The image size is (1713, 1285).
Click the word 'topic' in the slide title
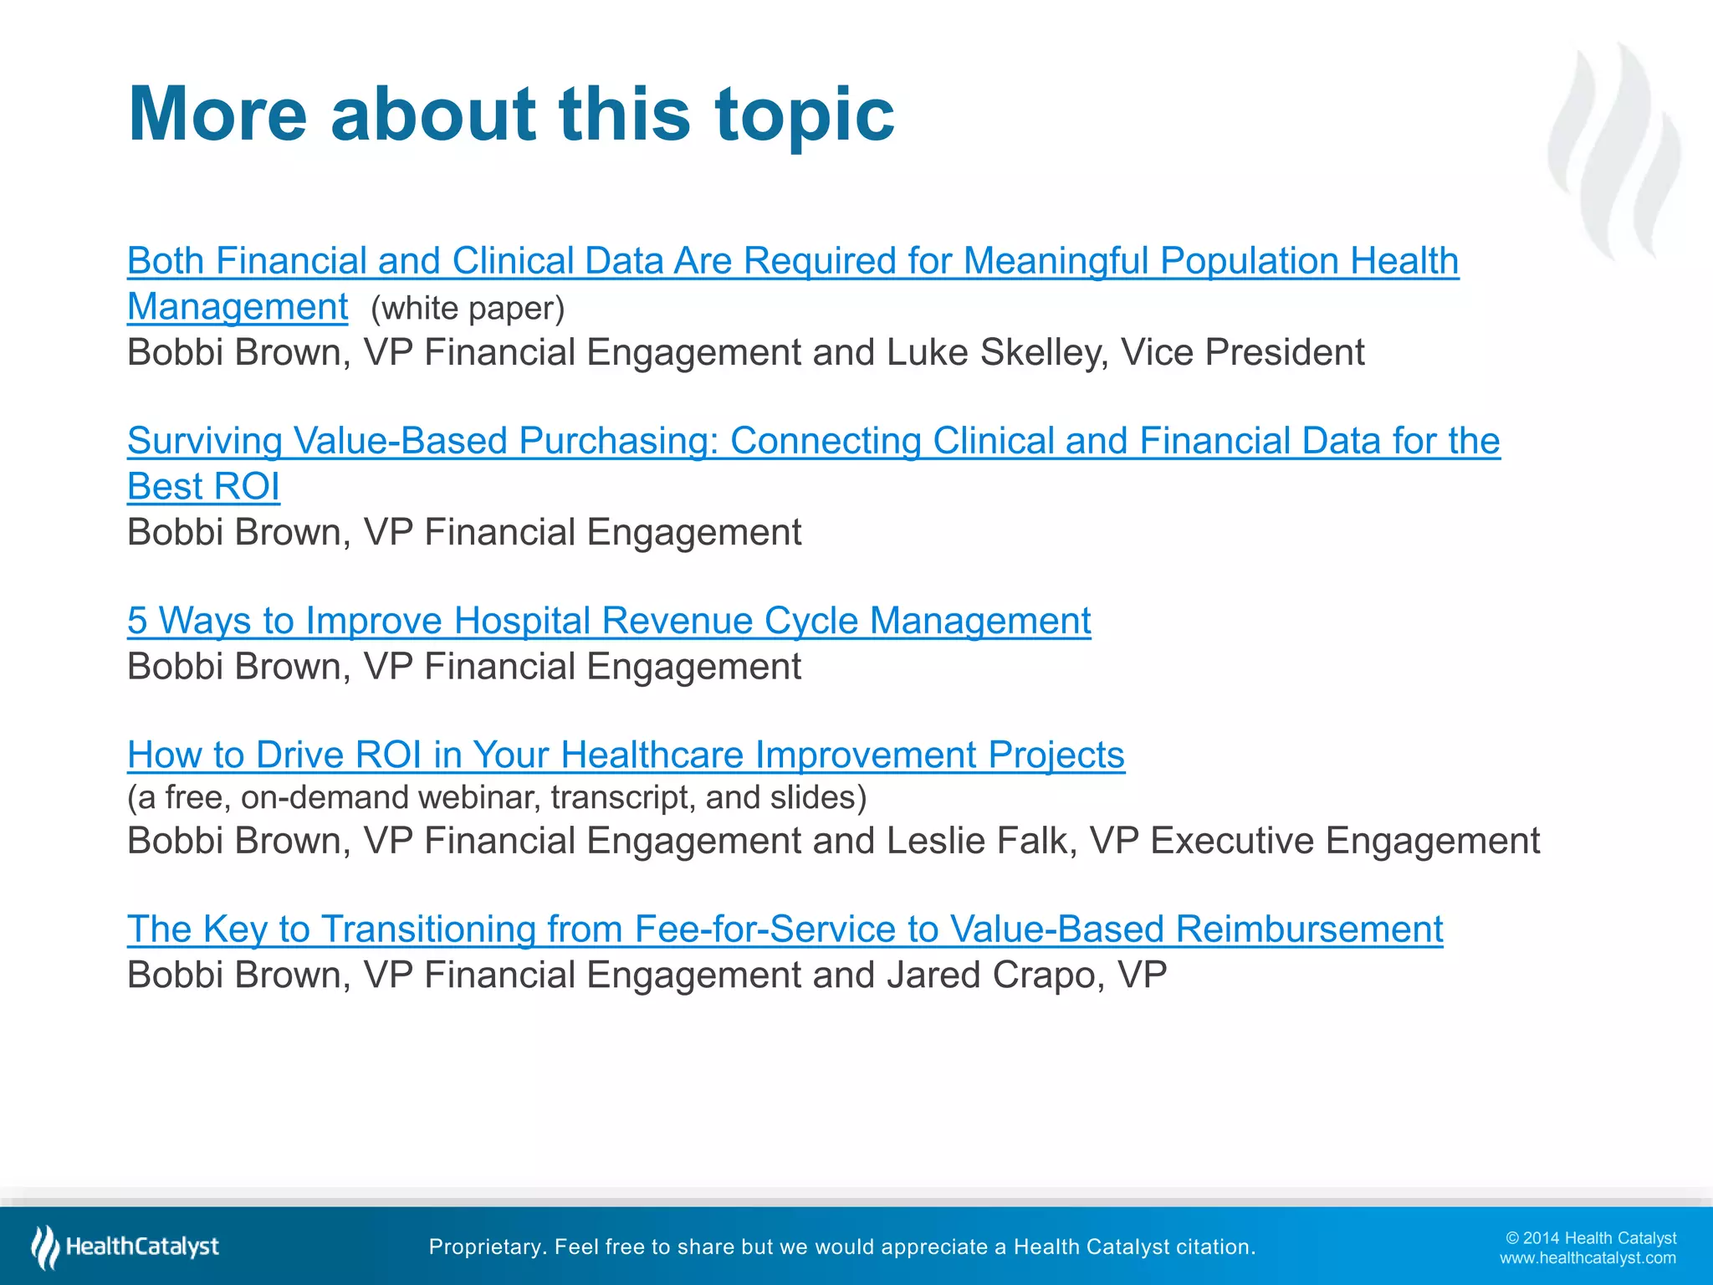(x=804, y=115)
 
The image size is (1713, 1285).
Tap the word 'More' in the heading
(x=217, y=115)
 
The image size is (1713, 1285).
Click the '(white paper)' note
(x=468, y=309)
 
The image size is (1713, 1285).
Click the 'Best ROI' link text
(x=203, y=487)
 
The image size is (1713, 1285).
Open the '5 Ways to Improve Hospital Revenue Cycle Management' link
(x=609, y=621)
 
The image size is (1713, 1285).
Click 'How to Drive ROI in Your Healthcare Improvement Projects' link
(x=626, y=755)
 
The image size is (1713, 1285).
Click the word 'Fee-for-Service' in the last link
(x=765, y=929)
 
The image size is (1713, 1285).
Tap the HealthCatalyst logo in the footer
(x=125, y=1247)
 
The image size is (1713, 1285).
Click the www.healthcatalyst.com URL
(x=1588, y=1258)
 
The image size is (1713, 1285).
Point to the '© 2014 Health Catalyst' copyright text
(x=1591, y=1238)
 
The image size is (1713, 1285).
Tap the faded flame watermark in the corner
(x=1614, y=151)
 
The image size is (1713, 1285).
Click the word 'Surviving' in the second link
(x=205, y=441)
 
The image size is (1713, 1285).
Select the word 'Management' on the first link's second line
(x=238, y=307)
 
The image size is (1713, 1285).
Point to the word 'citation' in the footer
(x=1214, y=1247)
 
